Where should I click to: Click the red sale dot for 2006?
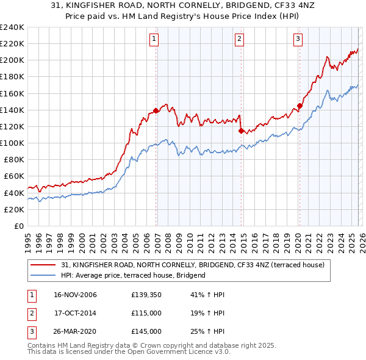[156, 110]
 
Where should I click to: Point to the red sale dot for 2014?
[242, 131]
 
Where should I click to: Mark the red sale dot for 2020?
[300, 106]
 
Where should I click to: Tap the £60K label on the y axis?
[14, 176]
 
